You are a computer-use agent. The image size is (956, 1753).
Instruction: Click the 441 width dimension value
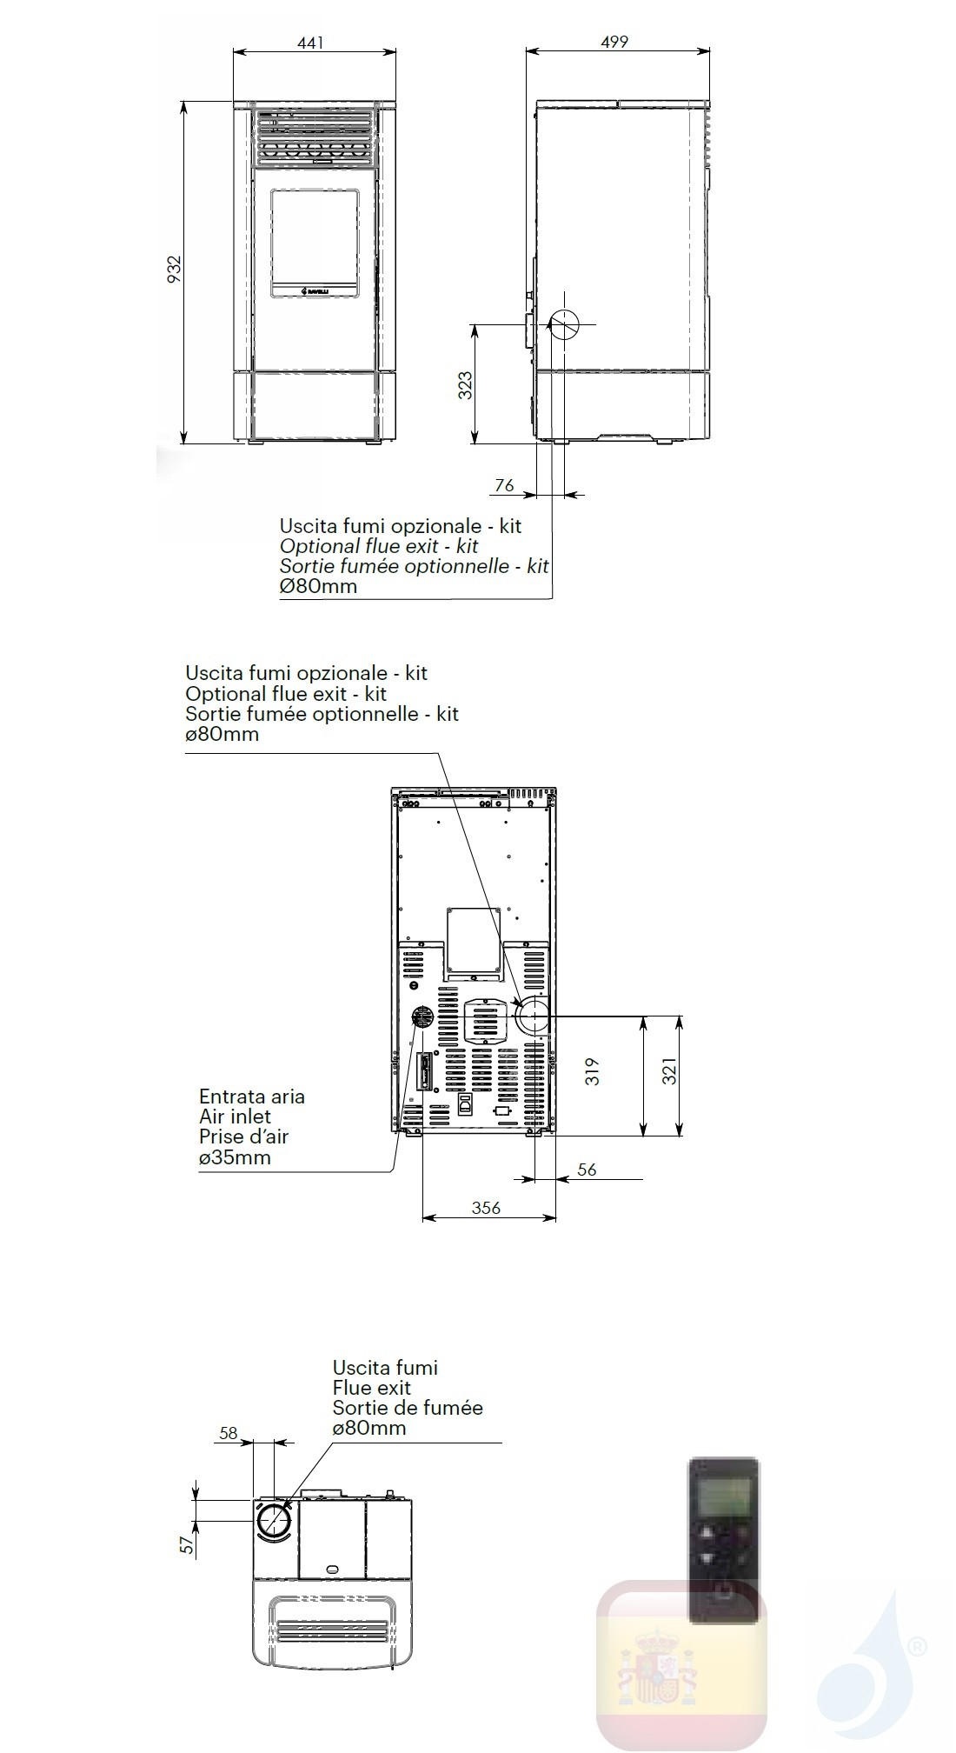tap(310, 42)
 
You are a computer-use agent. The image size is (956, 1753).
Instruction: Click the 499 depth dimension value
tap(614, 41)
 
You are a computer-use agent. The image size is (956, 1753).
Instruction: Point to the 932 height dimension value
tap(175, 270)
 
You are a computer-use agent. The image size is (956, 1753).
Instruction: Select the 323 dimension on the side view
tap(466, 384)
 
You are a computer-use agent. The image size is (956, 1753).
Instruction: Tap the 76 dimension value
tap(504, 486)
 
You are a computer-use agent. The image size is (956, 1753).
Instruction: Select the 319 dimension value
tap(594, 1070)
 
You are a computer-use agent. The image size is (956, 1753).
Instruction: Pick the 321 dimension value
tap(669, 1075)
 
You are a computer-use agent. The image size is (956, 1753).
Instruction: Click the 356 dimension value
tap(487, 1207)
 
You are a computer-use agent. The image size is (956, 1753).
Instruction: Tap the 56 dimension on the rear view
tap(588, 1170)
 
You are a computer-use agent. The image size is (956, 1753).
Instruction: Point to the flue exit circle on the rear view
tap(533, 1016)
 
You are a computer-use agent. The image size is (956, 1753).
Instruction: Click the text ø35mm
tap(235, 1157)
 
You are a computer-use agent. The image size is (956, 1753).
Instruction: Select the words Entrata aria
tap(252, 1096)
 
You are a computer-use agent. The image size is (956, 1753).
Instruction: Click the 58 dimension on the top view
tap(229, 1433)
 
